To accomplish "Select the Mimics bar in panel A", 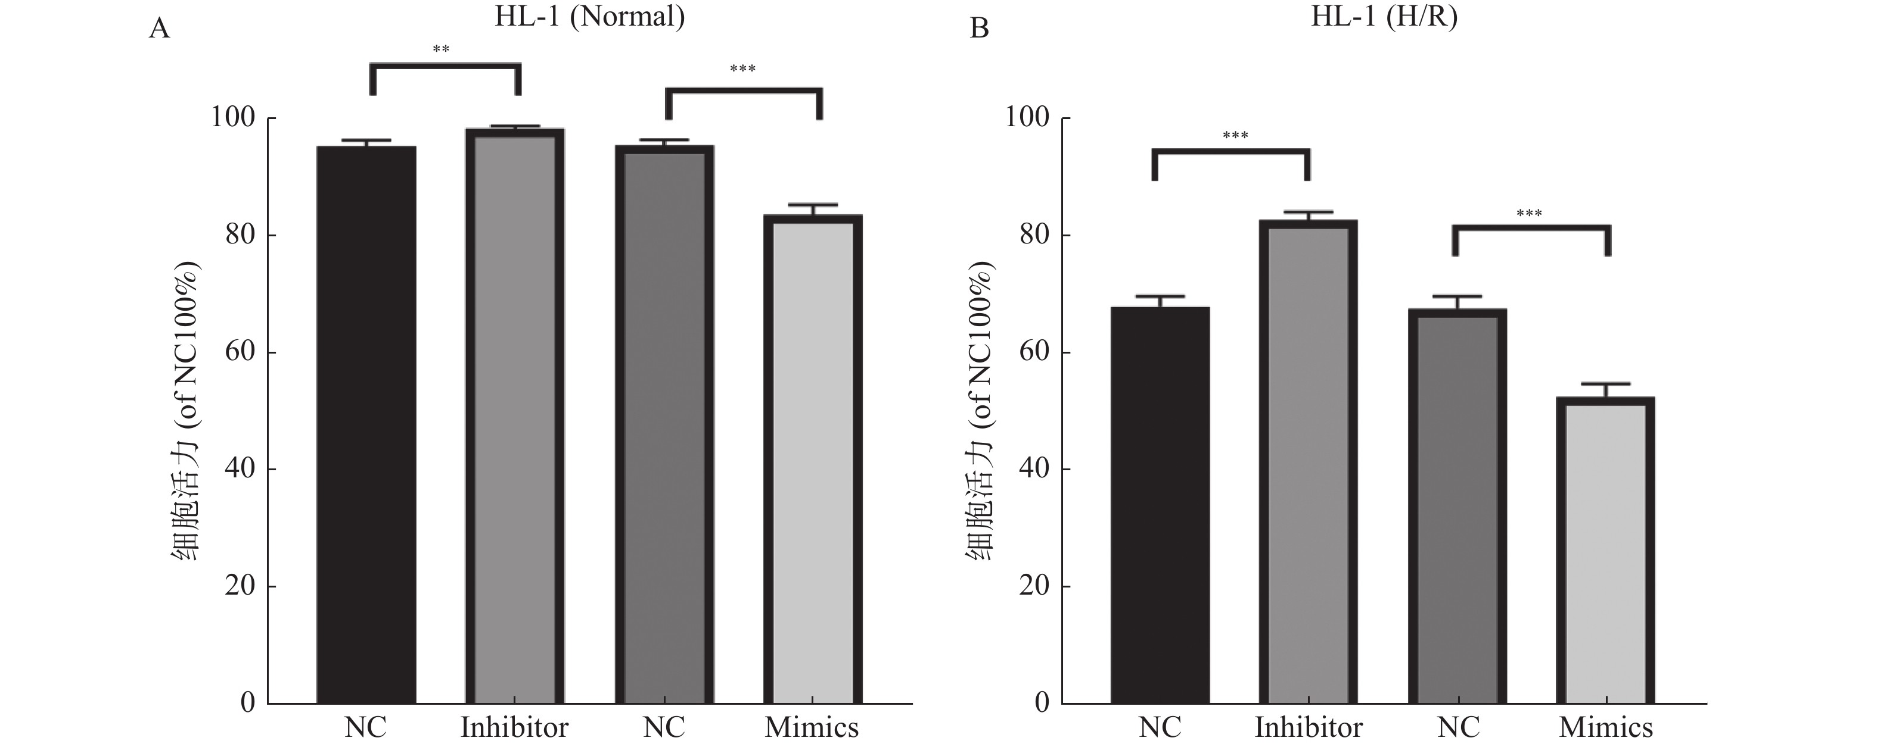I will click(x=812, y=459).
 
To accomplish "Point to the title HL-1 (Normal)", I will click(x=589, y=16).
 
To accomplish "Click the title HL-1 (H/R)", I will click(x=1384, y=16).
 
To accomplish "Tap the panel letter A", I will click(x=159, y=29).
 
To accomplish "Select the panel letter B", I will click(x=979, y=29).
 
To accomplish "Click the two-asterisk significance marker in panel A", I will click(x=441, y=49).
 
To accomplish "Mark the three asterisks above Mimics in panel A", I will click(x=742, y=69).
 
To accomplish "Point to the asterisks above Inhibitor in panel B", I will click(x=1235, y=136).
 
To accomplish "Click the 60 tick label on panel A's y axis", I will click(x=240, y=352).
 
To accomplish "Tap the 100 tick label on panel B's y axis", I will click(x=1027, y=118).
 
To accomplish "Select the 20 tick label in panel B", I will click(x=1034, y=587).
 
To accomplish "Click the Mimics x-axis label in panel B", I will click(x=1606, y=727).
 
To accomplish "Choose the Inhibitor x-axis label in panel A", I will click(x=514, y=727).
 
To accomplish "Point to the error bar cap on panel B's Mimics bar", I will click(x=1605, y=384).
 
